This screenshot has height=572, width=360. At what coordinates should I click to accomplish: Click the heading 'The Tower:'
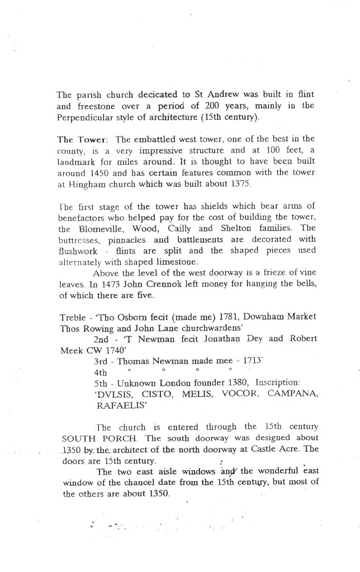[78, 139]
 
